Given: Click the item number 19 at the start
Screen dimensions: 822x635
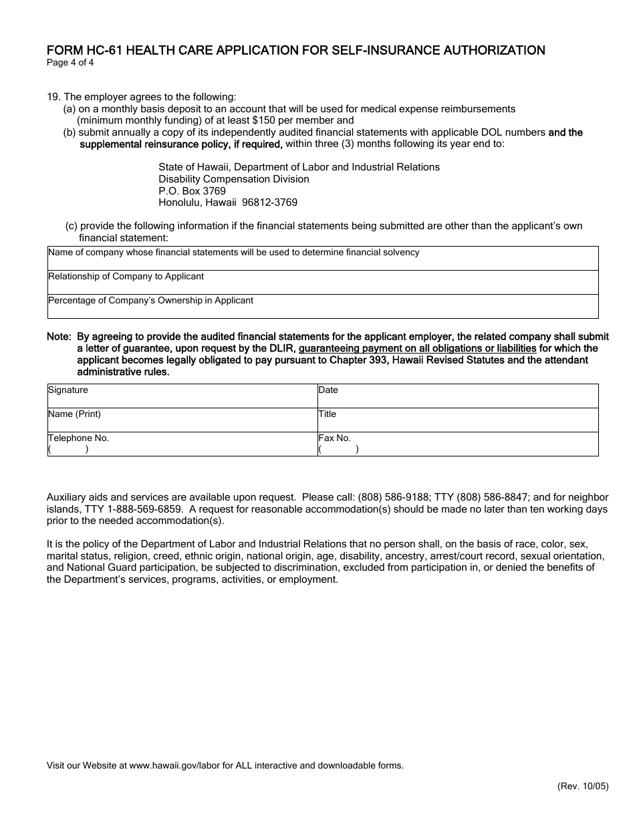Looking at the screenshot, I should pos(52,97).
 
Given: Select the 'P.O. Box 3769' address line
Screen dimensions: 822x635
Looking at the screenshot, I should pos(192,190).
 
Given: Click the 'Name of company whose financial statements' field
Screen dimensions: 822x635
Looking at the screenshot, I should pos(323,259).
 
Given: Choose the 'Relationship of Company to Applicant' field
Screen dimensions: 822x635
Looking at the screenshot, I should pos(323,283).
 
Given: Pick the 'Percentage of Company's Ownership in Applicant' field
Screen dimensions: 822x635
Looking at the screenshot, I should pos(323,307).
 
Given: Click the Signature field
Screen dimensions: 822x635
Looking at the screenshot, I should pos(182,396).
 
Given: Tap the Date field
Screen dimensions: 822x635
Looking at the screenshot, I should pos(458,396).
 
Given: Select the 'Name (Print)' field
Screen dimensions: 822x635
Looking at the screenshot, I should pos(182,420).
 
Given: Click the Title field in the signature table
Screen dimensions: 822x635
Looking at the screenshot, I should pos(458,420).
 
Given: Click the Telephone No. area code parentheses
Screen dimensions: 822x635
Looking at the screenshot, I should pos(68,449).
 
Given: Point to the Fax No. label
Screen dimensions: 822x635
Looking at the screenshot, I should pos(334,438).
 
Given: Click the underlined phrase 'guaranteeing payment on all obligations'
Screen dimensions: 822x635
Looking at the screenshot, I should pos(417,348).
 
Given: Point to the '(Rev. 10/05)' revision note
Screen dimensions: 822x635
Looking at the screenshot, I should pos(583,787).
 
